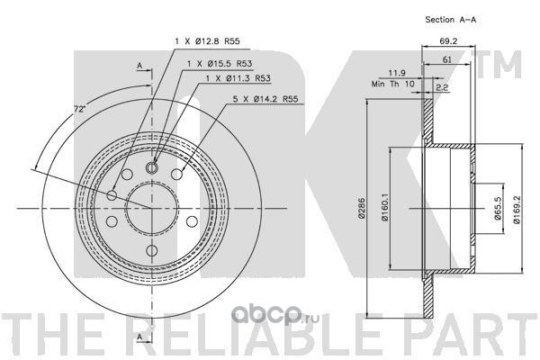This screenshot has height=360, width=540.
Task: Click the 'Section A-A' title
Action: click(451, 20)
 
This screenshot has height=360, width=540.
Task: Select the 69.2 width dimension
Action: click(448, 41)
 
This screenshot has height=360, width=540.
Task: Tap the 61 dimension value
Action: click(446, 59)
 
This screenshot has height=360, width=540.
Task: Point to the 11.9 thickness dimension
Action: click(397, 73)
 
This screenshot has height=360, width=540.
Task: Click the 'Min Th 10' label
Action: click(393, 84)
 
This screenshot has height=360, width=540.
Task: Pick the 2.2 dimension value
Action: click(442, 87)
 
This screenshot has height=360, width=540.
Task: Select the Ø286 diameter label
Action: click(361, 208)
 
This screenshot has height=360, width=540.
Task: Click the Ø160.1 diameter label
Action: click(384, 207)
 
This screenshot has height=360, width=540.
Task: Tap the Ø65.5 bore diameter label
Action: click(498, 208)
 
